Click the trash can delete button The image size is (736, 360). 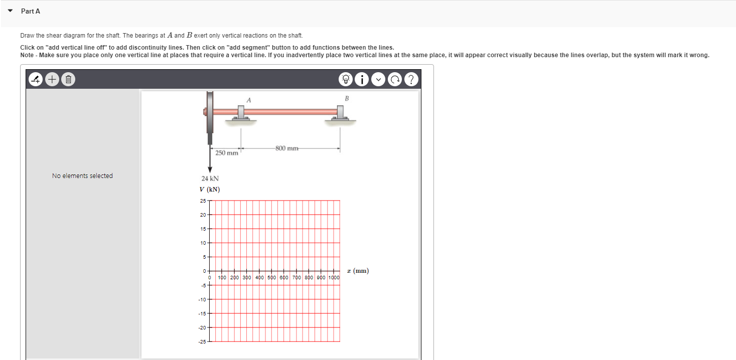[69, 79]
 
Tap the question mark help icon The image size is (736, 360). [411, 79]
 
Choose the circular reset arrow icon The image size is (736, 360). [395, 79]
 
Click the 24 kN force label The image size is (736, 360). [210, 178]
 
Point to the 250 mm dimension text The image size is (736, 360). [227, 153]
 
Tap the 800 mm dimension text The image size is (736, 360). [286, 148]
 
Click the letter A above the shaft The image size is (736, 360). [248, 100]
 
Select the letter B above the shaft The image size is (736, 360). [346, 98]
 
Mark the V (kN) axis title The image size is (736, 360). [209, 190]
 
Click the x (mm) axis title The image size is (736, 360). [360, 271]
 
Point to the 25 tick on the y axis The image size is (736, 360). [203, 201]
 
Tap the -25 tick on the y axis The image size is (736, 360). [202, 342]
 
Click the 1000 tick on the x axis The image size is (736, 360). [334, 277]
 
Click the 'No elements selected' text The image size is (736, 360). [82, 175]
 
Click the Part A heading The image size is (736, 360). [31, 11]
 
